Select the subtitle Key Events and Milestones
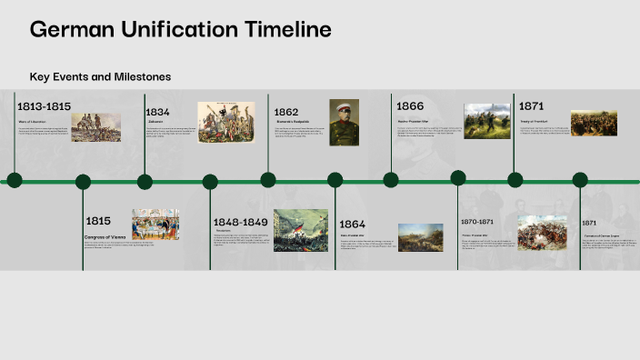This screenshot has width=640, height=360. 100,77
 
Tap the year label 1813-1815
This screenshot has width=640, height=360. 44,107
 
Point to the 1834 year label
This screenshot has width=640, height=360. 158,112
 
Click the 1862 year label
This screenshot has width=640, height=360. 287,112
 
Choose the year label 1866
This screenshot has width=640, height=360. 410,106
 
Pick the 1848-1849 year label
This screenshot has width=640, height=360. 240,223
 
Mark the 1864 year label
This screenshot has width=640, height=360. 352,225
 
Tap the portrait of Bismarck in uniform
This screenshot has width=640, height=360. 344,123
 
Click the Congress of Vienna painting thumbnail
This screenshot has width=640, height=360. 155,225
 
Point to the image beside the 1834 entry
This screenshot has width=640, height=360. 226,122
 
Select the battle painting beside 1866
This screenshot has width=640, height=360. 487,121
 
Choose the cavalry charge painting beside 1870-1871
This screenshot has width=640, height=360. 542,233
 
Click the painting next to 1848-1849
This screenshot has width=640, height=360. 301,230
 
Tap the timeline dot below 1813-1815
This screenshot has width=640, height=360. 15,180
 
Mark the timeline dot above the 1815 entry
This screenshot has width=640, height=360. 83,182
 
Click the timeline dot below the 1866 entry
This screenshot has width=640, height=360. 391,180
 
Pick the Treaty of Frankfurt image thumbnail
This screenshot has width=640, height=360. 594,123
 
